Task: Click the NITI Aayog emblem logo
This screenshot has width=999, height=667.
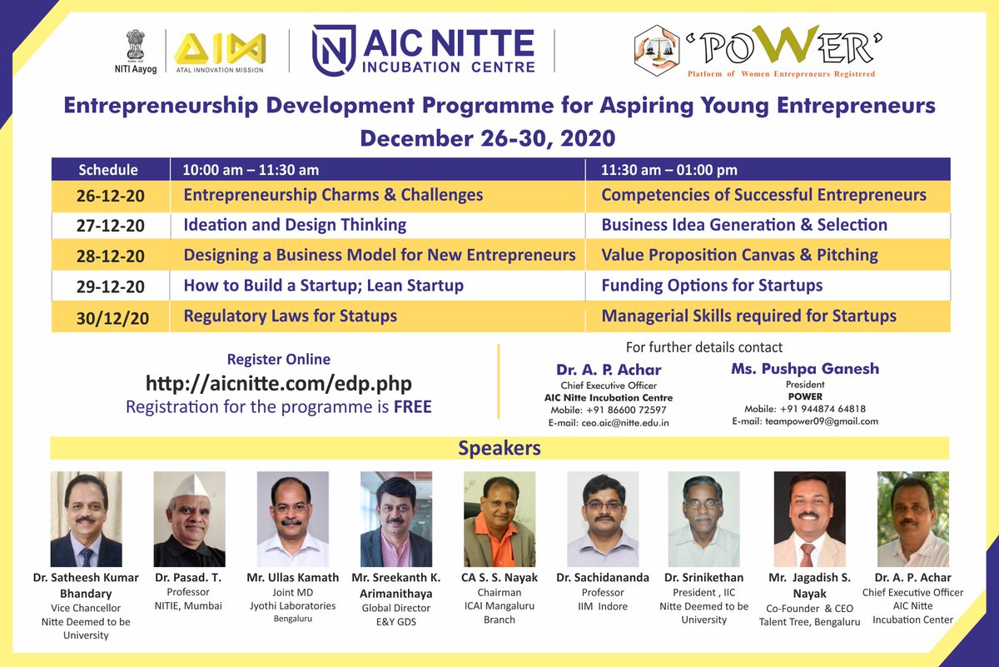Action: point(135,45)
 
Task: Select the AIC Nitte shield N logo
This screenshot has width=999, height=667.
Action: point(333,50)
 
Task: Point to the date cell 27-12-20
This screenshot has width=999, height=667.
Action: point(112,226)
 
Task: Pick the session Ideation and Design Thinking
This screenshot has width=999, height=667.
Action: point(295,225)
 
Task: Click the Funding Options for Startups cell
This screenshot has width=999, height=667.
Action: point(712,286)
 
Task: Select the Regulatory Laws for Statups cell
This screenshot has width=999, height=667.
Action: point(290,316)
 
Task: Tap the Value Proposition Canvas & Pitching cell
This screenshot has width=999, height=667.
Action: point(739,255)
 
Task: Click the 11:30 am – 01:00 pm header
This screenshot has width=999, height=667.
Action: point(669,170)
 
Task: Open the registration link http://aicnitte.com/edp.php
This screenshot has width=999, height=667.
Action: point(279,384)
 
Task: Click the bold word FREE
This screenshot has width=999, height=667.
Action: point(413,408)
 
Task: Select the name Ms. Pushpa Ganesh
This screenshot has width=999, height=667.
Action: point(805,368)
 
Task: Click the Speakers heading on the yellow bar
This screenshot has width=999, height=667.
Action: point(499,449)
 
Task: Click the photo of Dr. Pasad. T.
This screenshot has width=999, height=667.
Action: point(189,519)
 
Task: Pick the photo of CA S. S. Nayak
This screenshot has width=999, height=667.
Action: point(499,519)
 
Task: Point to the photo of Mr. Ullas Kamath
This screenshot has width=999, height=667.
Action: point(292,519)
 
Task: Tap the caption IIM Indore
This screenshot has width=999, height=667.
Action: point(602,606)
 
